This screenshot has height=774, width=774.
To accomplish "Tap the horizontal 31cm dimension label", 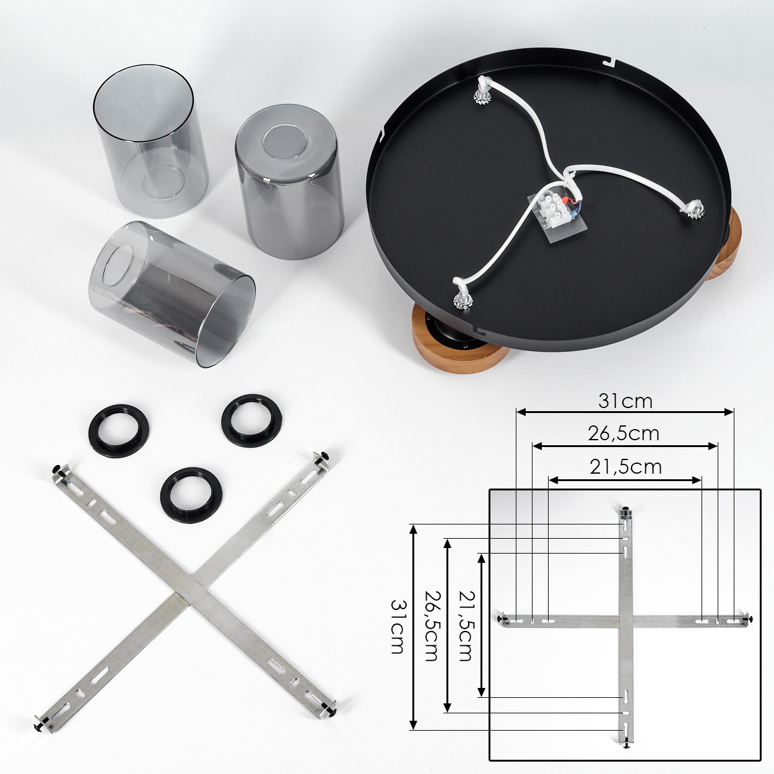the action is [625, 401].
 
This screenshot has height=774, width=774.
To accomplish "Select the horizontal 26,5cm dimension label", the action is [624, 433].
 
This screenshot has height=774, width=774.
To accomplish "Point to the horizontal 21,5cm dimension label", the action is [625, 467].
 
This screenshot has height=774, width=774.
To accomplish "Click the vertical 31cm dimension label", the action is [398, 626].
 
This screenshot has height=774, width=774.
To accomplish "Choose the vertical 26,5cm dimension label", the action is [432, 626].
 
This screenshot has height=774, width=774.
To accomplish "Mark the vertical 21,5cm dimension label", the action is [466, 626].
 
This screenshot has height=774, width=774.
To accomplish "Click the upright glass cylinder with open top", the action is [150, 141].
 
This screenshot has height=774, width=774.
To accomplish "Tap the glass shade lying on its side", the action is [172, 294].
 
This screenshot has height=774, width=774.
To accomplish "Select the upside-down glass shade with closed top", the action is [289, 181].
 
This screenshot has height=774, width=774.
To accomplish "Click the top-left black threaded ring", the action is [118, 430].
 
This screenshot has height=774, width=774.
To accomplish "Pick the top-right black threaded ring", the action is [251, 420].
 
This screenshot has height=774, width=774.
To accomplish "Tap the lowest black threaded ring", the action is [191, 495].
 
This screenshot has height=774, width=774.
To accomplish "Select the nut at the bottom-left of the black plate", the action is [463, 300].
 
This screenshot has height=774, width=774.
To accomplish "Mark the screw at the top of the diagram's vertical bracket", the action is [626, 511].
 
